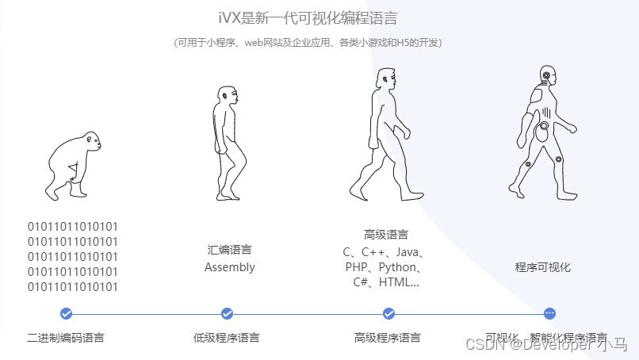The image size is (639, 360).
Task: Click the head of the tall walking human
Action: [386, 80]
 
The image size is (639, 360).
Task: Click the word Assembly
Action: [230, 267]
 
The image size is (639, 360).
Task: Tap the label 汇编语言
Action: [230, 250]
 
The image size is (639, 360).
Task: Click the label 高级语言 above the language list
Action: [386, 235]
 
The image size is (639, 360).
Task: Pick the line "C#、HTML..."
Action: [386, 282]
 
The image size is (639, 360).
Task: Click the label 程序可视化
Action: [543, 267]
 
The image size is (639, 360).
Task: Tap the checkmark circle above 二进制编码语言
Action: [66, 313]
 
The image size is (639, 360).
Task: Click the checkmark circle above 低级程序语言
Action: [228, 313]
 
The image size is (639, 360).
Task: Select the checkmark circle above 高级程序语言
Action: [388, 313]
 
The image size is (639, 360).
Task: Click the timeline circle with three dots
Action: [550, 313]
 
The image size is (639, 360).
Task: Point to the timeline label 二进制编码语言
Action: [66, 338]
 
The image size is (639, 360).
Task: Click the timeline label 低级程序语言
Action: [227, 338]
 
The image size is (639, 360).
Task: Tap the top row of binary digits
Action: [73, 227]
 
